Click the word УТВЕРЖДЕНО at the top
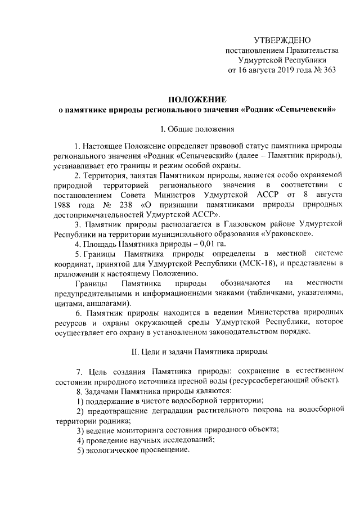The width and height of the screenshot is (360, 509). point(282,40)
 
